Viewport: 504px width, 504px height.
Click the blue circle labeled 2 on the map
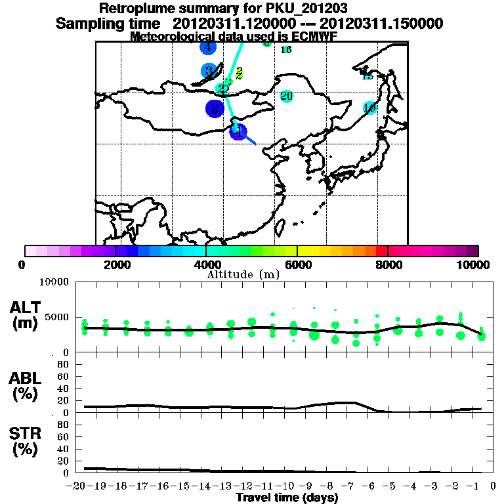tap(215, 109)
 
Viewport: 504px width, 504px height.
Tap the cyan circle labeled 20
tap(286, 96)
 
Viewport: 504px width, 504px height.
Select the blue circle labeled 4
tap(207, 47)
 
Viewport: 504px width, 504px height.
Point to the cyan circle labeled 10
tap(369, 108)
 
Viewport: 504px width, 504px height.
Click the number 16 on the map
tap(286, 50)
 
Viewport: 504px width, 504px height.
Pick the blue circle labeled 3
tap(209, 71)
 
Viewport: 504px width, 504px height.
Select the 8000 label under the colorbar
tap(388, 264)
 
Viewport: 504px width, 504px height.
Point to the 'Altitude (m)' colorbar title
tap(243, 274)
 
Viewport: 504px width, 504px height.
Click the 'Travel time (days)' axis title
tap(287, 497)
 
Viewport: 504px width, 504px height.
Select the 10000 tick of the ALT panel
tap(55, 283)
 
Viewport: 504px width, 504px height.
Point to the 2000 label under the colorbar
tap(115, 264)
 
